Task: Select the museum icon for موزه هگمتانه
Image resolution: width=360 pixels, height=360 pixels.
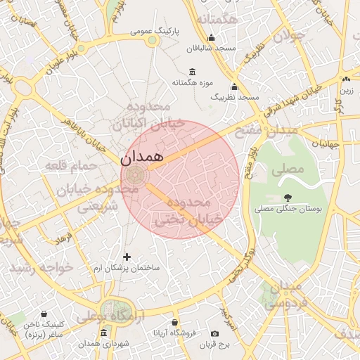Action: pos(193,72)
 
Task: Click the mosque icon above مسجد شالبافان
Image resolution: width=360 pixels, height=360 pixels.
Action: pos(211,38)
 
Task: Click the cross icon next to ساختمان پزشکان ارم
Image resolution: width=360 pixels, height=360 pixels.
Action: pos(127,257)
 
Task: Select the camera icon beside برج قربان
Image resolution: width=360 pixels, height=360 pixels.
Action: pos(215,333)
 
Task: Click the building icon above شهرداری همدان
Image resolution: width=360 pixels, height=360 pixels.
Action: pos(104,333)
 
